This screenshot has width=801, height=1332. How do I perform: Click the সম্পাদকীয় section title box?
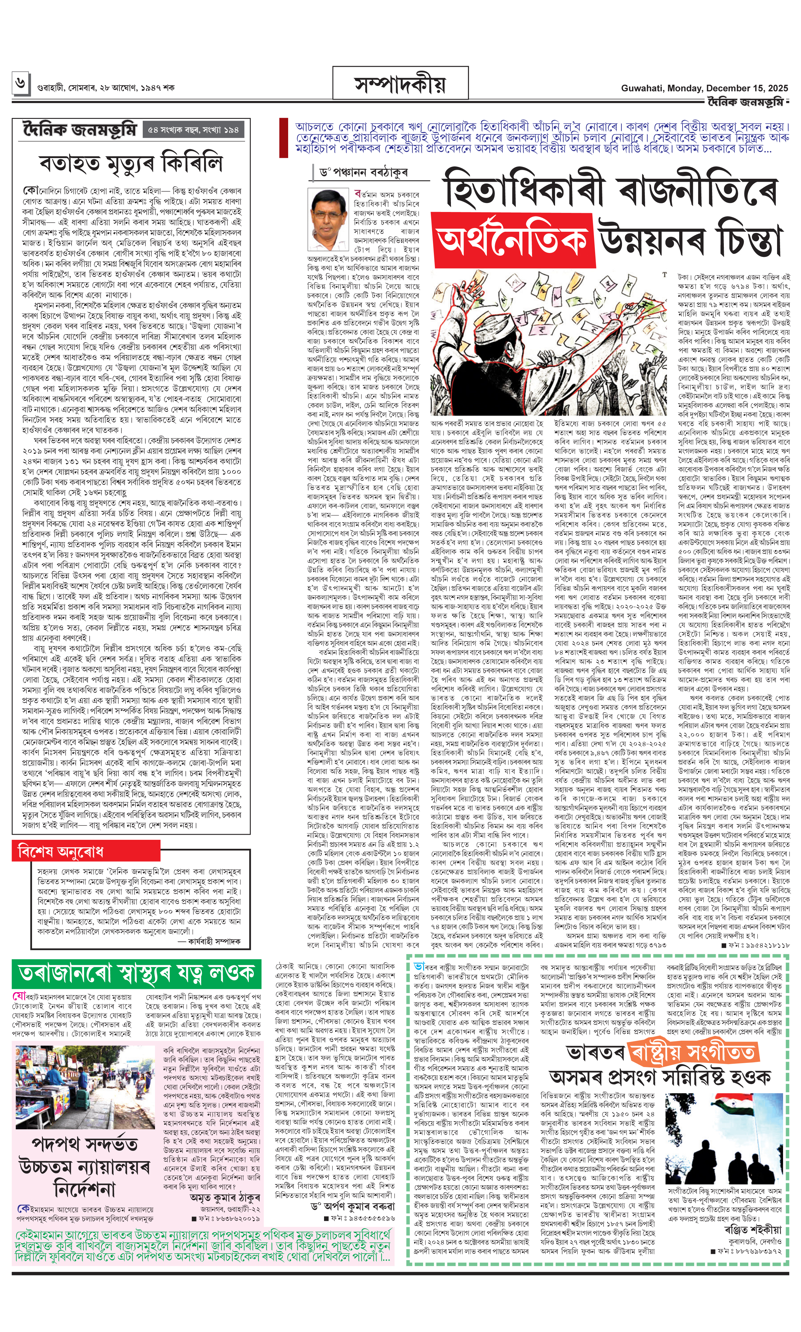[400, 84]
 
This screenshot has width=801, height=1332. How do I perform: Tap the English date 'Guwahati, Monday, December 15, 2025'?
[704, 88]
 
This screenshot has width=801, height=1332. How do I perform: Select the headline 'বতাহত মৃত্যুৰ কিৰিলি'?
[131, 163]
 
